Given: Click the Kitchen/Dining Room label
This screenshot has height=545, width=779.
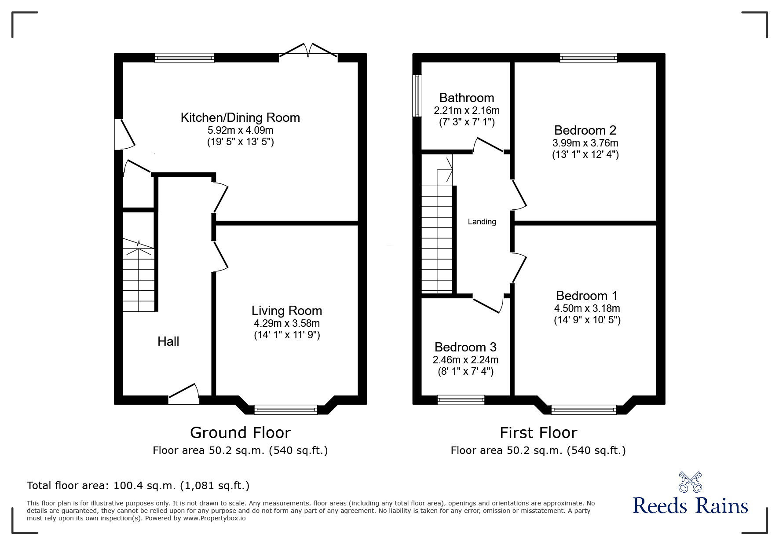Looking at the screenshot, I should coord(240,117).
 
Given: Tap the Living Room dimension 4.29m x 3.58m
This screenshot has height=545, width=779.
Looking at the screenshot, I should coord(286,323).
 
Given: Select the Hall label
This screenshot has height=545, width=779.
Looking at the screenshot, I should coord(168,341).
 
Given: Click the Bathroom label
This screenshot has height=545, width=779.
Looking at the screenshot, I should coord(466,98).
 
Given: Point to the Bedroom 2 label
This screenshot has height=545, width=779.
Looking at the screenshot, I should coord(585,130).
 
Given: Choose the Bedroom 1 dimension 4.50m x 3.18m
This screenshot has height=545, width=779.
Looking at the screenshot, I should coord(587,308).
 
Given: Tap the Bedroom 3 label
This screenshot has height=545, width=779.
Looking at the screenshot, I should coord(465,347).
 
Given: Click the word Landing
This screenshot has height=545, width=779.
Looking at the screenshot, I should coord(482,222).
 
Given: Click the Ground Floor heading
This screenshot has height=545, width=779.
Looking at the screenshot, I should coord(240,433).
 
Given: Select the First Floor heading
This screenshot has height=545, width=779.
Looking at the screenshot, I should coord(538,433).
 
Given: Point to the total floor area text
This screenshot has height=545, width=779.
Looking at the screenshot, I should coord(138,486).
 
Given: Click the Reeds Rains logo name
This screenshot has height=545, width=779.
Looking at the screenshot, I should coord(690,506).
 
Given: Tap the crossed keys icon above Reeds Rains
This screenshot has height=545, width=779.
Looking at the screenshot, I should coord(690,482).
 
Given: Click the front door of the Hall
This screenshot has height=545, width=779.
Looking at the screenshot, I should coord(184,395).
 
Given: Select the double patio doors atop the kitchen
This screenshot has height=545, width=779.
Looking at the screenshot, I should coord(308,51).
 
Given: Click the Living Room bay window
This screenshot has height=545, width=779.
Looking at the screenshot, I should coord(286,410).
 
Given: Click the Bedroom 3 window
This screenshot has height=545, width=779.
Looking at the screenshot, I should coord(461,400).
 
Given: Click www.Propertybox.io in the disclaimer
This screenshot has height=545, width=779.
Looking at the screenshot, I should coord(214,518).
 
